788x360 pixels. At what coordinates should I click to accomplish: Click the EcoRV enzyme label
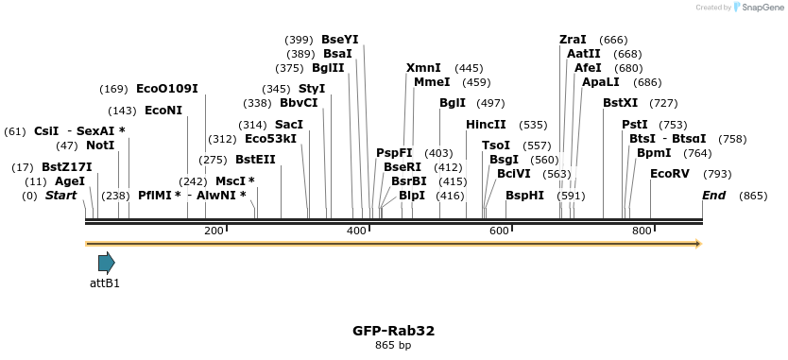point(670,174)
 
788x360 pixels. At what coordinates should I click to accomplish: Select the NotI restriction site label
point(99,146)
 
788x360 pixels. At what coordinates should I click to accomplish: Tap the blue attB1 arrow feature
point(106,263)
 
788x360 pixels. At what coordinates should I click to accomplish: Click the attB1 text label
point(105,283)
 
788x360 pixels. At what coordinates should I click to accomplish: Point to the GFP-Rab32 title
point(393,331)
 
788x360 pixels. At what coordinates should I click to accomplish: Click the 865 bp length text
point(393,346)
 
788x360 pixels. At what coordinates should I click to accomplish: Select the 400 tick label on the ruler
point(357,231)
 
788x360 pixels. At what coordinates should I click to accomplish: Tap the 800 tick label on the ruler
point(642,231)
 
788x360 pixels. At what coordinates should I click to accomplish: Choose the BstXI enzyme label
point(620,103)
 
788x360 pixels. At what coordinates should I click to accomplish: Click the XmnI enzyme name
point(423,68)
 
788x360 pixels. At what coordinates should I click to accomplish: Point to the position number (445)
point(469,68)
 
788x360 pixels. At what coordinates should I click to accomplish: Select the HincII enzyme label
point(486,125)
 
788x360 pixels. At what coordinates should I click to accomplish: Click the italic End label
point(714,196)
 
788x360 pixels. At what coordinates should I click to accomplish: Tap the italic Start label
point(60,196)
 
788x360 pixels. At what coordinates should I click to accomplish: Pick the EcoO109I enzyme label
point(167,89)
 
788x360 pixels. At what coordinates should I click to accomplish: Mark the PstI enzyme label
point(635,125)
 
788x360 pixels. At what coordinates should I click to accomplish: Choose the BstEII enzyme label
point(255,160)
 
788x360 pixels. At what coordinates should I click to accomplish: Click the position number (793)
point(717,174)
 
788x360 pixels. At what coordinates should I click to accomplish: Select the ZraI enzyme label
point(573,40)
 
